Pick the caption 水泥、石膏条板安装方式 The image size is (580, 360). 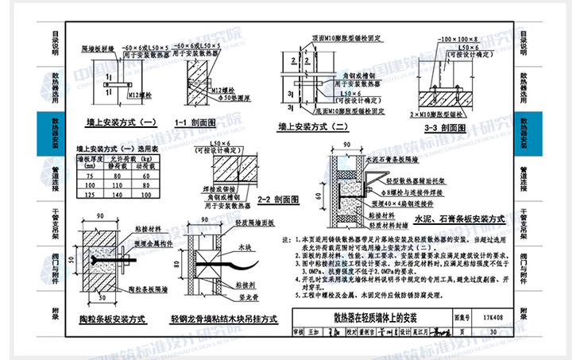pyautogui.click(x=458, y=217)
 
